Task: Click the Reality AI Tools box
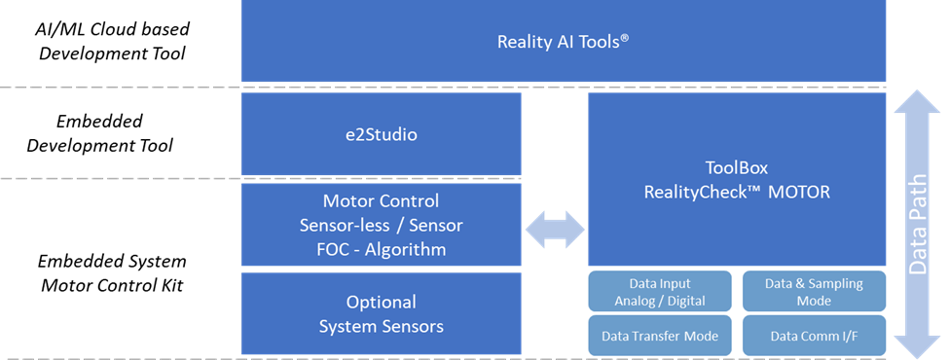564,41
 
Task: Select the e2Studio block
382,134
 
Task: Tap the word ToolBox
737,167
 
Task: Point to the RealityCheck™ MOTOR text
737,192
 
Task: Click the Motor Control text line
382,201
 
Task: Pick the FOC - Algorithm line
382,249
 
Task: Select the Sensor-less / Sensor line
382,225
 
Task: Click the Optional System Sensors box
382,313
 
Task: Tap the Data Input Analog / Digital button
660,291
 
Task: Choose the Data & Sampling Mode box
814,291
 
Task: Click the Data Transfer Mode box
660,336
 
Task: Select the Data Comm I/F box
814,336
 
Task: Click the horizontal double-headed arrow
555,230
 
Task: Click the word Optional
382,302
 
